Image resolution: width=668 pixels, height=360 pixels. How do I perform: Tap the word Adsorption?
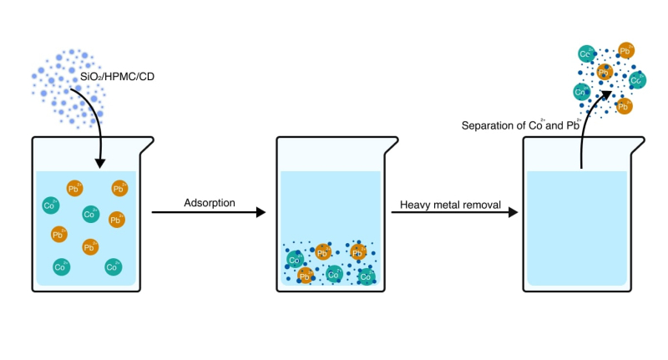click(x=209, y=203)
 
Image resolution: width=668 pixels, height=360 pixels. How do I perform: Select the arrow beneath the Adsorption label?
click(x=209, y=214)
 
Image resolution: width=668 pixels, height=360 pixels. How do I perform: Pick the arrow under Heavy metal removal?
click(x=454, y=214)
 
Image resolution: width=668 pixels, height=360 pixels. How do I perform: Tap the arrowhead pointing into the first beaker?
click(x=100, y=161)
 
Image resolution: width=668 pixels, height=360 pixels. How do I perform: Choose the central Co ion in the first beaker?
click(x=89, y=215)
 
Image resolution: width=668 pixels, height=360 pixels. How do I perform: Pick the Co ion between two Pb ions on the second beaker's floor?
click(x=333, y=274)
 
